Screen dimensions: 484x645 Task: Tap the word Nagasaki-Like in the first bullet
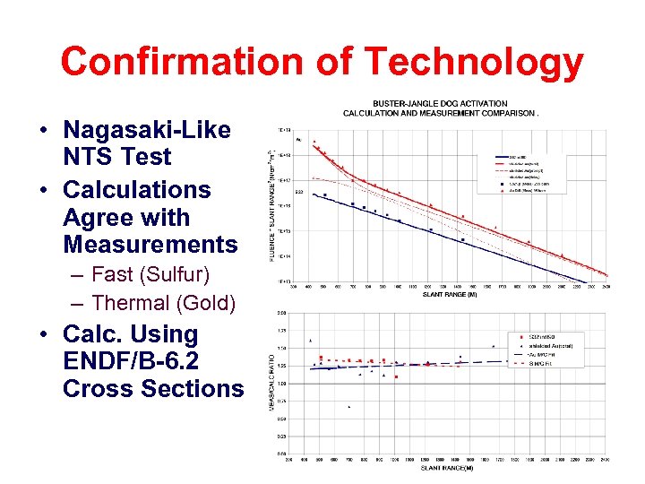147,129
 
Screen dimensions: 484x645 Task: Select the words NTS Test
116,157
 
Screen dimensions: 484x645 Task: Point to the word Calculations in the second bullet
137,190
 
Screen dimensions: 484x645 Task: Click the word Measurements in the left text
150,244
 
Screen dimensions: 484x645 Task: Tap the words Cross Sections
152,389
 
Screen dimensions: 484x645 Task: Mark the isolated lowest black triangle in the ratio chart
348,407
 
